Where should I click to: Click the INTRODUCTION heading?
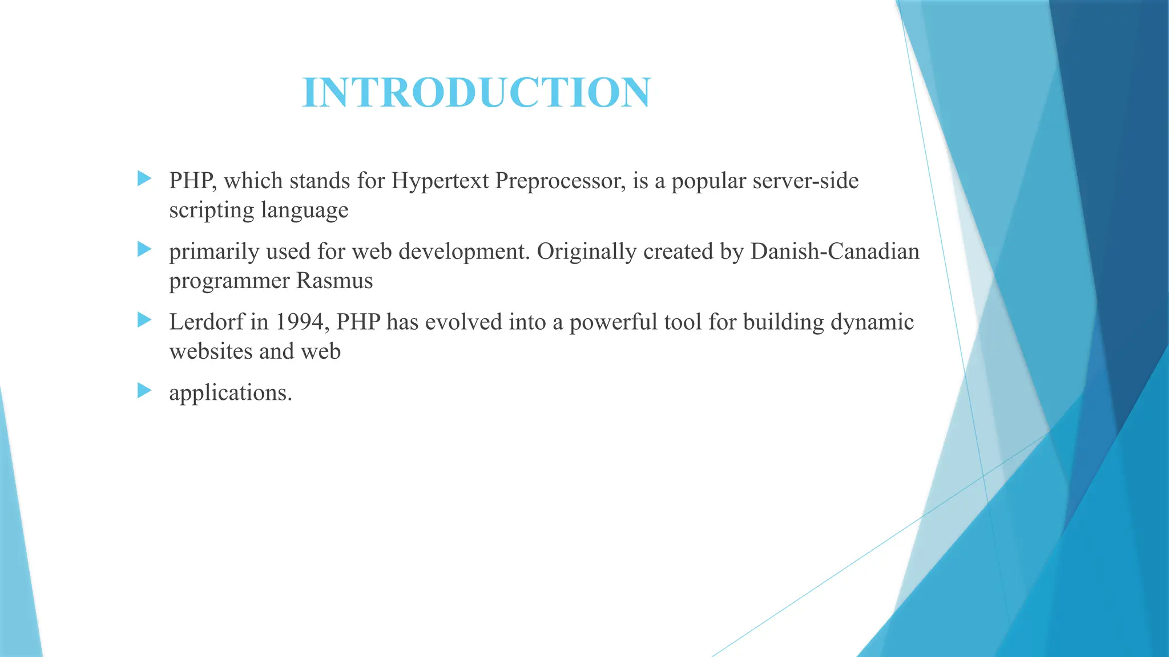[476, 92]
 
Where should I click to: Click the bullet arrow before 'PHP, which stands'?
[144, 179]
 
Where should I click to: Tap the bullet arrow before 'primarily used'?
[144, 249]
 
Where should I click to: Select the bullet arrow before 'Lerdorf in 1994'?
[144, 320]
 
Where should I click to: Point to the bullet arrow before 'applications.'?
[144, 391]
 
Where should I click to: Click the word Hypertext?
[440, 181]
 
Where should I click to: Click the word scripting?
[212, 210]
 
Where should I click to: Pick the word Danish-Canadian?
[835, 252]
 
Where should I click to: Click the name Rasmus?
[334, 281]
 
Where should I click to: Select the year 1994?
[300, 322]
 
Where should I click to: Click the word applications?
[230, 394]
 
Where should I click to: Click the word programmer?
[229, 281]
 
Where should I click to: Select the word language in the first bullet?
[305, 210]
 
